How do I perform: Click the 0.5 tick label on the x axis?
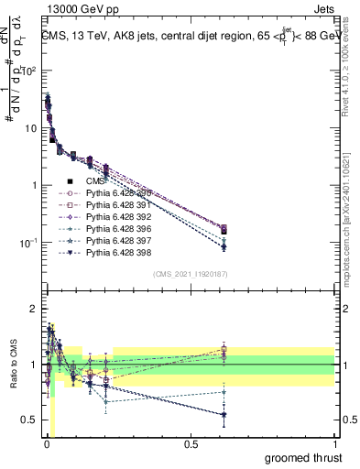[x=191, y=444]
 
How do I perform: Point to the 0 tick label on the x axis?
[x=46, y=444]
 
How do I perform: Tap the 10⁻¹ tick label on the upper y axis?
[x=28, y=243]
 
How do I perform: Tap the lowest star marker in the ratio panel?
[x=224, y=415]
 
